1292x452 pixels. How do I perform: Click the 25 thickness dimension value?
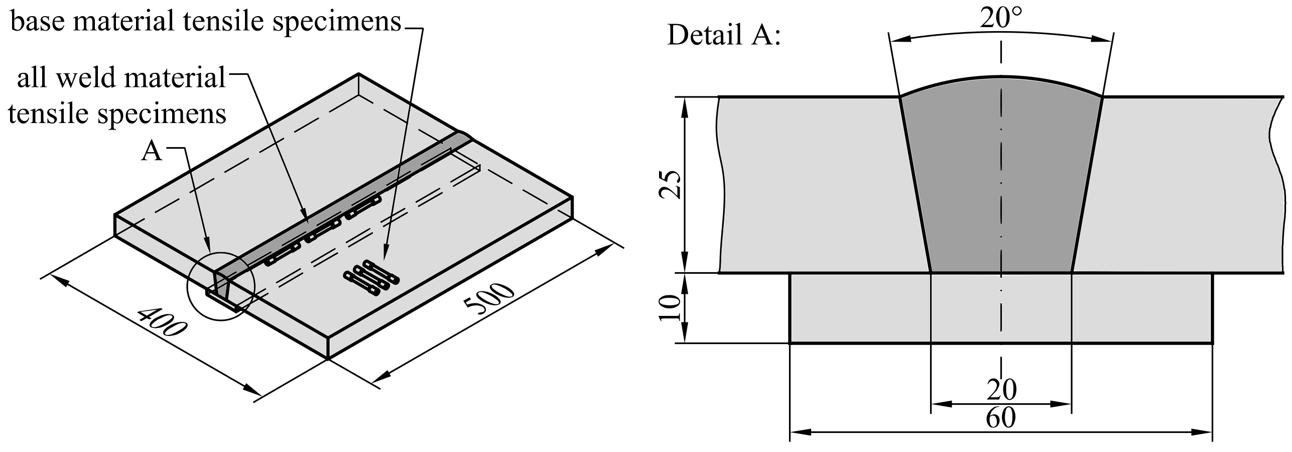(x=670, y=185)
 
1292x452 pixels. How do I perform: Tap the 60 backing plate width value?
(x=1000, y=418)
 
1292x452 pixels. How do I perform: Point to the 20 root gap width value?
(x=1001, y=389)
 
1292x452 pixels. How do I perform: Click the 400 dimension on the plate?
(x=162, y=322)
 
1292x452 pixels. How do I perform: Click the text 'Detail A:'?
(x=724, y=35)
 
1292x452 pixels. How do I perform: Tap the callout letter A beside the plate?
(x=152, y=151)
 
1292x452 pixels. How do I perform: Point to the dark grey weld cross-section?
(x=1001, y=191)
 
